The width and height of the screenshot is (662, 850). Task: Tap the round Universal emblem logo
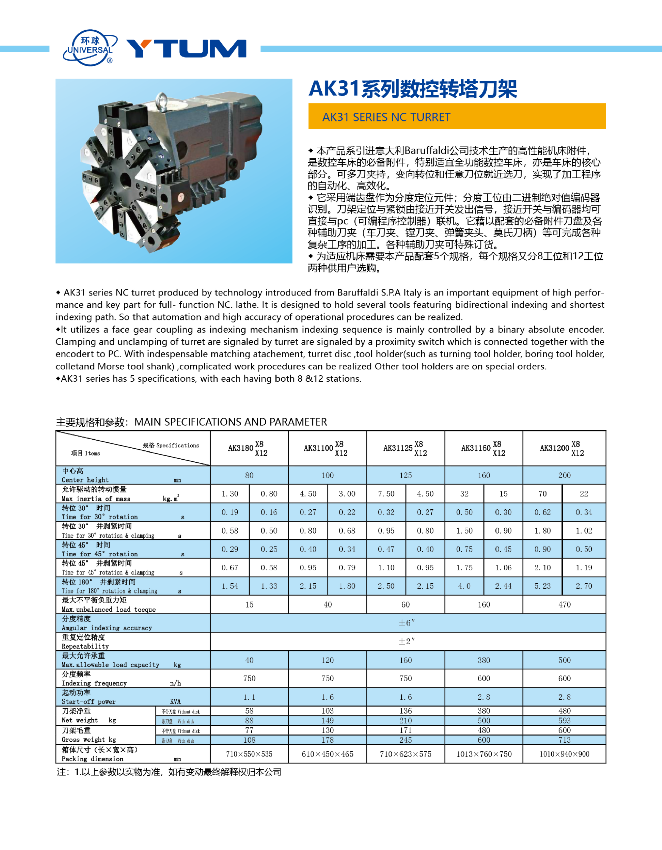(90, 48)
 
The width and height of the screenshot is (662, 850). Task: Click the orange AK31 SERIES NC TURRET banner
(457, 116)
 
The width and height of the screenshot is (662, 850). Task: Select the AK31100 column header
(327, 448)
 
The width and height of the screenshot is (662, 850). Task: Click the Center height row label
(85, 475)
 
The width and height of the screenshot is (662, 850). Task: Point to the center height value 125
(405, 475)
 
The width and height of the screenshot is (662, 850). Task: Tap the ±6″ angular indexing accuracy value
(407, 623)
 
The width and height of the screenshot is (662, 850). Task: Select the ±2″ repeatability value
(407, 641)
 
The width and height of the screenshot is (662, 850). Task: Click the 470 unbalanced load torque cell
(564, 604)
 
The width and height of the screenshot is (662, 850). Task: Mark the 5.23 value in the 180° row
(542, 586)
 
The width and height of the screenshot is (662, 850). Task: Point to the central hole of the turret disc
(125, 180)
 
